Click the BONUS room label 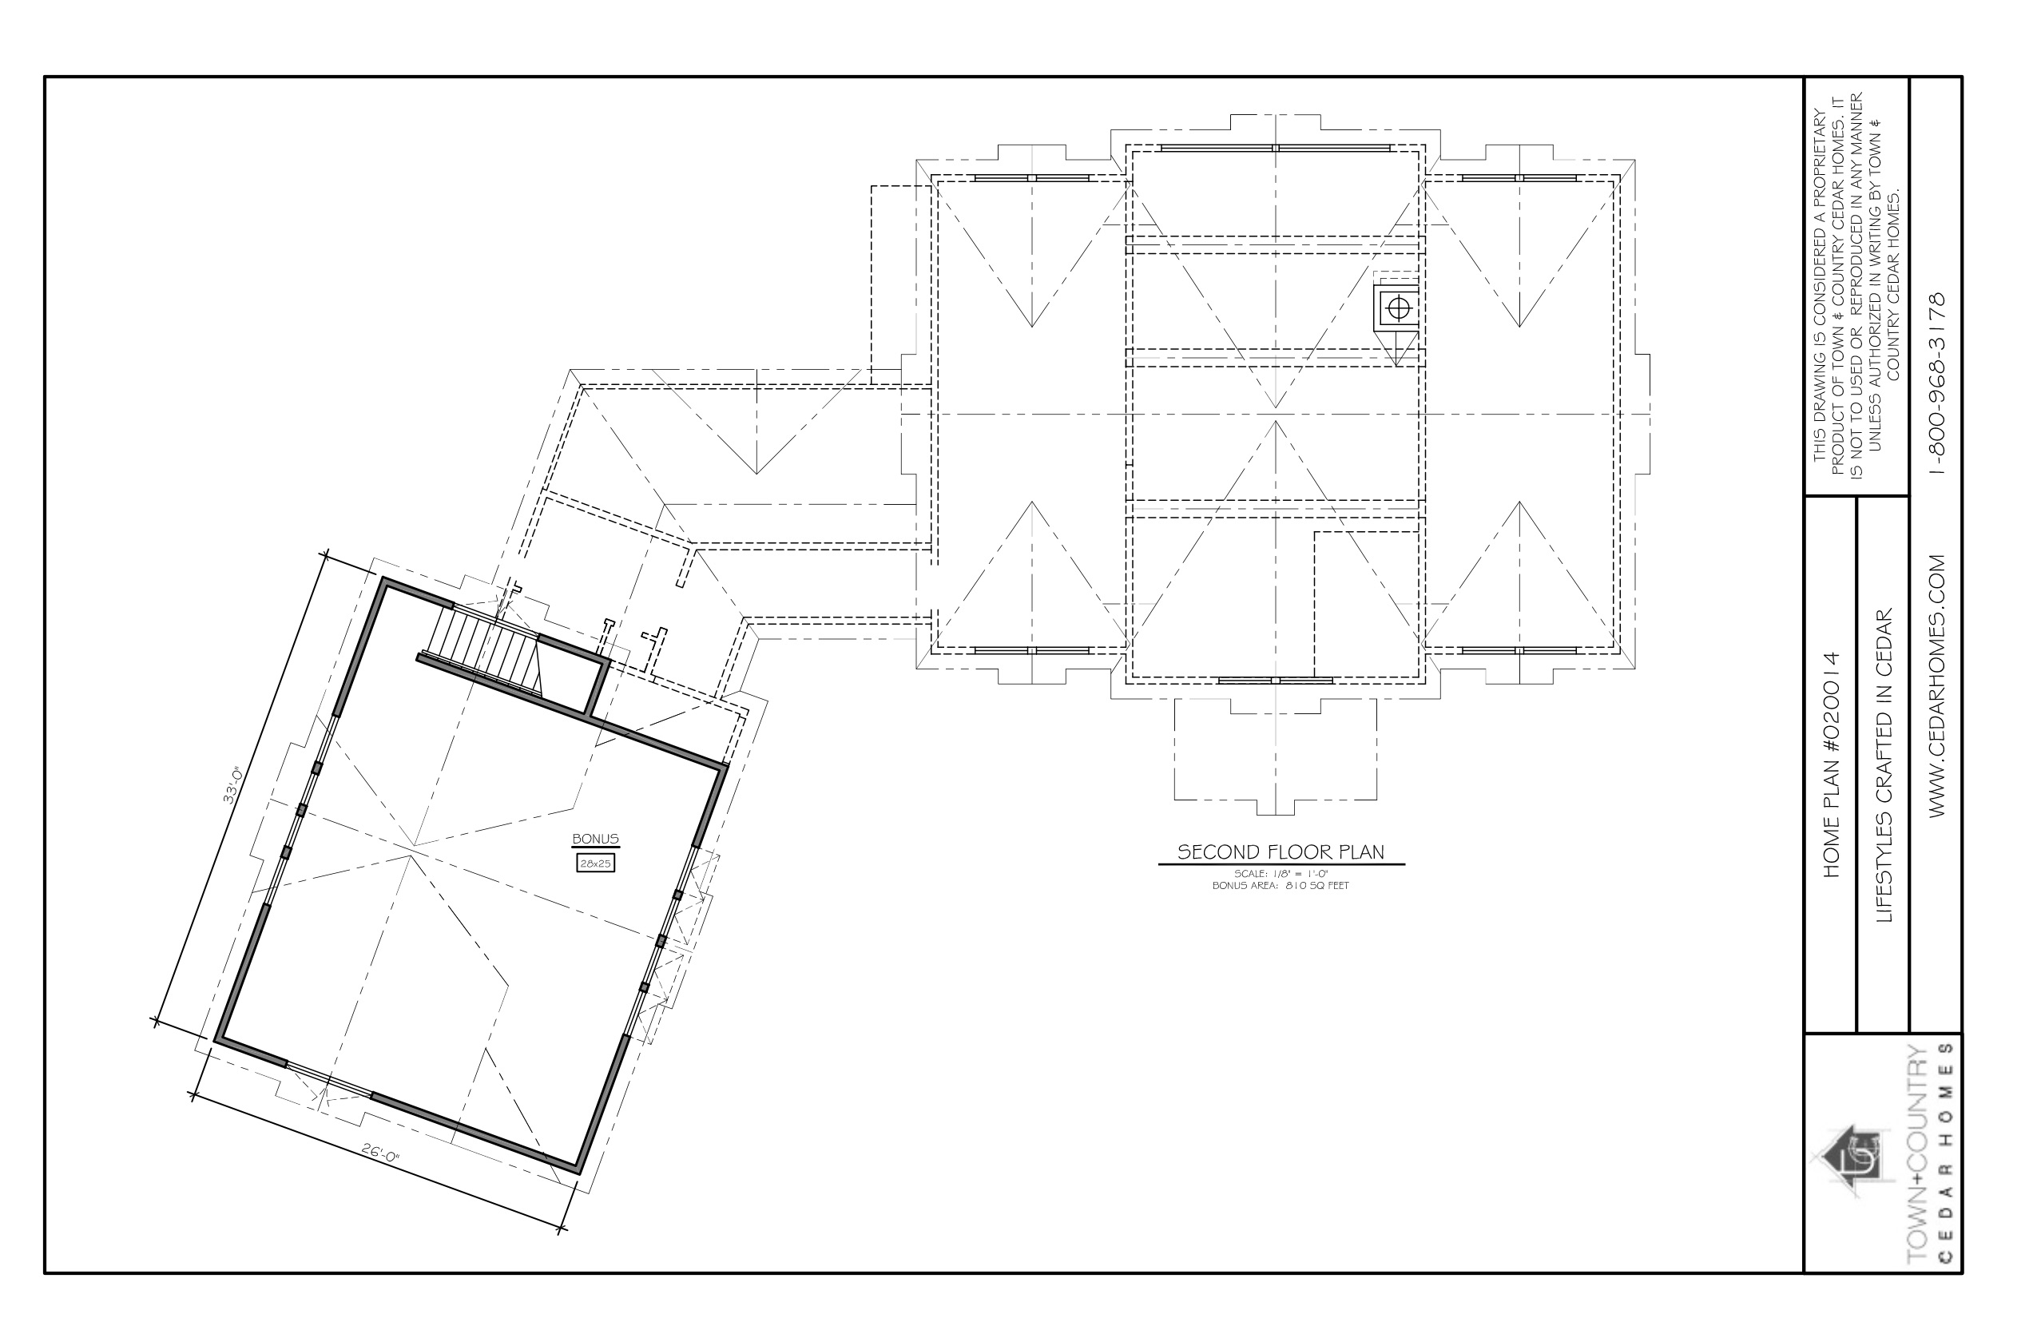[595, 840]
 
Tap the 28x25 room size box [595, 863]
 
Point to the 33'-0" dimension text [232, 786]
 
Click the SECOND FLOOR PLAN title [1281, 852]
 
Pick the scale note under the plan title [1281, 874]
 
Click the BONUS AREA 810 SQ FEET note [1281, 886]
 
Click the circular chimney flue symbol [1398, 308]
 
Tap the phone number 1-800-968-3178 [1938, 383]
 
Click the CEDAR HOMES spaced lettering [1949, 1164]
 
